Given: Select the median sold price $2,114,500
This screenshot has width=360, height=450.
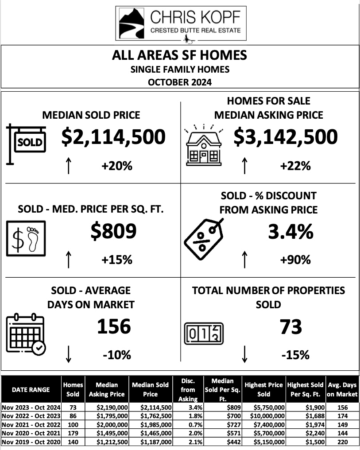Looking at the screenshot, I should pyautogui.click(x=113, y=137).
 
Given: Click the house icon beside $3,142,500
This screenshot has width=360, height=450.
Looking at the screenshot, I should pyautogui.click(x=203, y=144).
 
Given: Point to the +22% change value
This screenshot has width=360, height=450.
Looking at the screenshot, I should pyautogui.click(x=295, y=166).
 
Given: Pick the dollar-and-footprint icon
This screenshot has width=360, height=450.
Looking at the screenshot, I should pyautogui.click(x=26, y=239).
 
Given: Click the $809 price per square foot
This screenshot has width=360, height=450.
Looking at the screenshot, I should pyautogui.click(x=113, y=231).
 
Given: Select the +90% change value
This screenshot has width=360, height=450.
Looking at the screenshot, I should pyautogui.click(x=295, y=260).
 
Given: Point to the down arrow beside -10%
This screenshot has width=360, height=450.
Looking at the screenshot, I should pyautogui.click(x=69, y=354).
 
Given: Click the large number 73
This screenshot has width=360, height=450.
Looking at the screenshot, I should pyautogui.click(x=290, y=327).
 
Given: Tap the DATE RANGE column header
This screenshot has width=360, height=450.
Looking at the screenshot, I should pyautogui.click(x=31, y=389).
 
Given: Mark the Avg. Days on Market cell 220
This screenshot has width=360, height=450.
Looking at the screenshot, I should pyautogui.click(x=341, y=442).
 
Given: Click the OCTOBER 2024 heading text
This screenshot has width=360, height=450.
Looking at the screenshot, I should pyautogui.click(x=180, y=82).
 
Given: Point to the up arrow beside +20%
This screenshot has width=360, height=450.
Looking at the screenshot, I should pyautogui.click(x=69, y=166).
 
